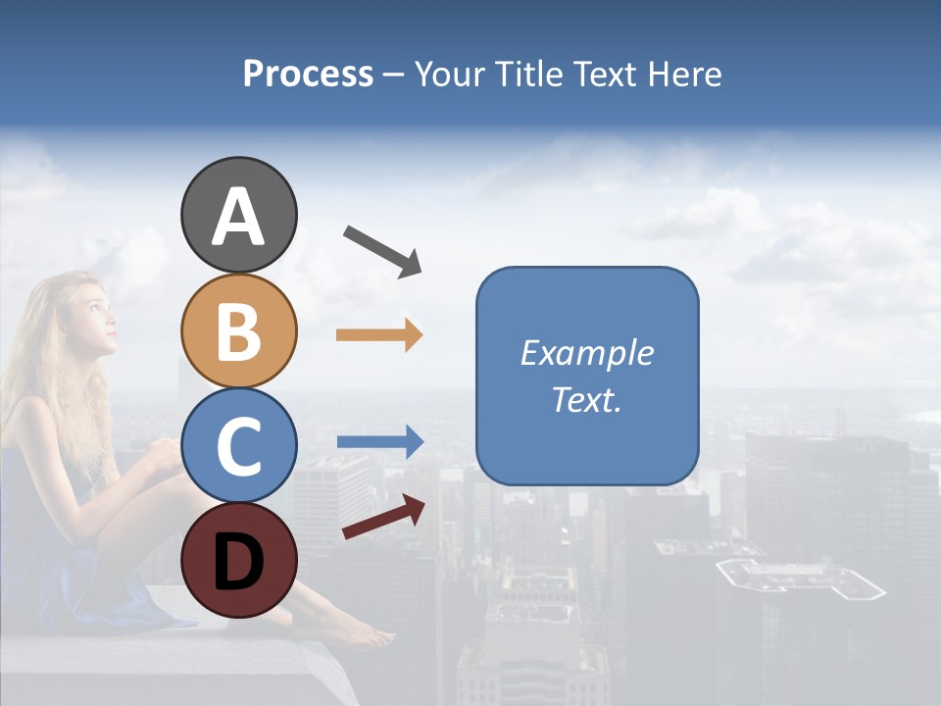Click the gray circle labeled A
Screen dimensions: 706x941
tap(238, 215)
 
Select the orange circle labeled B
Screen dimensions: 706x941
tap(238, 330)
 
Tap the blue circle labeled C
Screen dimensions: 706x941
tap(238, 446)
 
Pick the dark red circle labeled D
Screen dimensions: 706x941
tap(238, 561)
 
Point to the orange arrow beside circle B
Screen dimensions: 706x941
tap(379, 335)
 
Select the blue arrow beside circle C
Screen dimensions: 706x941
tap(379, 442)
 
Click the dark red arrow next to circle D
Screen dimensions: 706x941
tap(383, 517)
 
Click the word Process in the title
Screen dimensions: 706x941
tap(308, 75)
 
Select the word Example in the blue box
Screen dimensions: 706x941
tap(586, 353)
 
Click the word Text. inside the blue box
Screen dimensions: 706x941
tap(586, 399)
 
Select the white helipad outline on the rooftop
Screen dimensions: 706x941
tap(799, 579)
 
